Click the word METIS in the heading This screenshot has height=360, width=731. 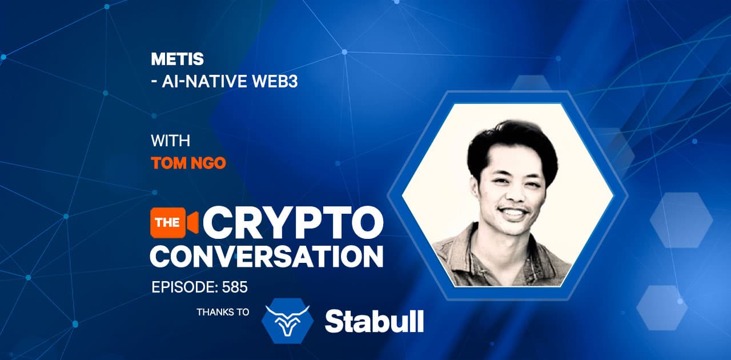tap(177, 59)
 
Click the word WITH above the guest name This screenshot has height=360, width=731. tap(170, 141)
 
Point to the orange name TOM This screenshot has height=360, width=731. tap(168, 163)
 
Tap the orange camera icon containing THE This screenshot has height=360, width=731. tap(174, 222)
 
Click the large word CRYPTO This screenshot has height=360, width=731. tap(293, 223)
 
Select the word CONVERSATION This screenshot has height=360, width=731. tap(267, 257)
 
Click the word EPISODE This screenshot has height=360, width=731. tap(184, 287)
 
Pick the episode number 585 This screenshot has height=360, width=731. tap(235, 287)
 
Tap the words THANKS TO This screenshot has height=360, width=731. tap(223, 313)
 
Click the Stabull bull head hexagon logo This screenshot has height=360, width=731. tap(287, 321)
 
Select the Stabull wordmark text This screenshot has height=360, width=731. tap(374, 321)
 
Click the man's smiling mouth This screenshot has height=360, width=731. tap(513, 213)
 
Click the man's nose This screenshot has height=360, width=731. tap(515, 193)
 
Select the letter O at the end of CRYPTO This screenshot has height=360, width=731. tap(366, 223)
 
